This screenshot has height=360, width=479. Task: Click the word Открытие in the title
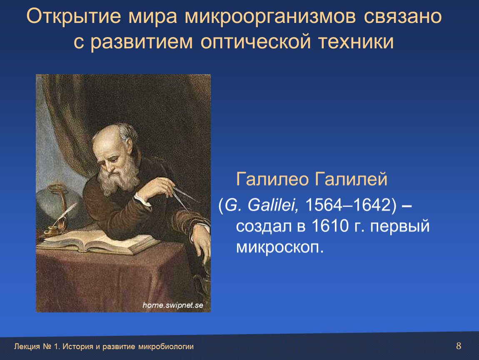74,16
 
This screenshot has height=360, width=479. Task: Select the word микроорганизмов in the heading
270,17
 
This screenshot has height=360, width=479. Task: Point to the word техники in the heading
356,42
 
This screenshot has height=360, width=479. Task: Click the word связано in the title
403,17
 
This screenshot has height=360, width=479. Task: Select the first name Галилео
272,179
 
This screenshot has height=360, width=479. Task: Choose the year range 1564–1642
348,205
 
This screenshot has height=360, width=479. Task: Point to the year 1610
330,226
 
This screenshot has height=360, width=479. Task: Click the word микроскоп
279,247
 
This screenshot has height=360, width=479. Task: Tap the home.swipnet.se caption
173,305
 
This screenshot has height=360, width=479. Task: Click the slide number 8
459,346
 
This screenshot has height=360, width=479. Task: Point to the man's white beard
117,179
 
